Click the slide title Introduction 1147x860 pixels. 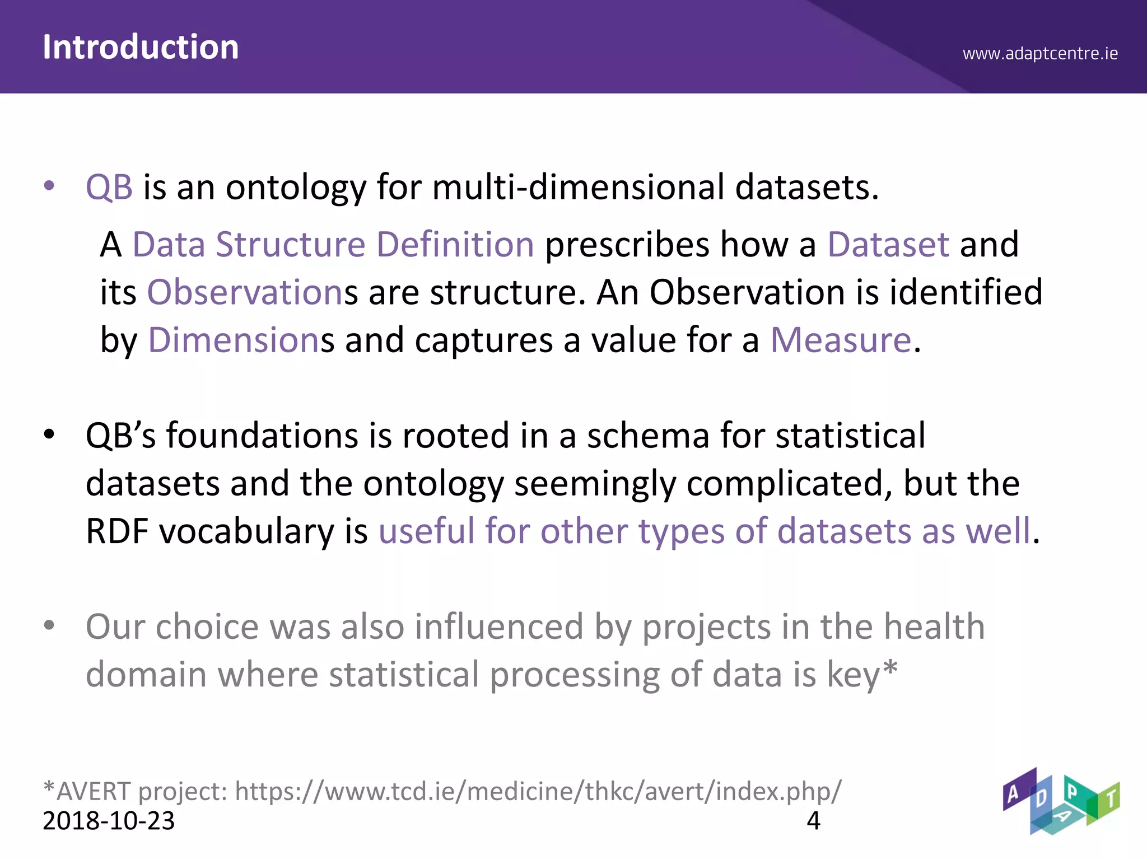coord(141,47)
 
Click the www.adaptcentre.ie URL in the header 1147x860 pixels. coord(1040,54)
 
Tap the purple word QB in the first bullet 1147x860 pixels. coord(109,187)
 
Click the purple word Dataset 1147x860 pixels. coord(888,245)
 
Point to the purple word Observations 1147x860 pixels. coord(245,292)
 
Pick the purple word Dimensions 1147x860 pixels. coord(234,340)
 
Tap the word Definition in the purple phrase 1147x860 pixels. coord(455,245)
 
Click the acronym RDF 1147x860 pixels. coord(117,531)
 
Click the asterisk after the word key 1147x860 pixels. coord(890,668)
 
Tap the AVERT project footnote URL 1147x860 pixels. coord(538,791)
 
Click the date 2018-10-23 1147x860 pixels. coord(109,821)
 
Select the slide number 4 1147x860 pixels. coord(813,821)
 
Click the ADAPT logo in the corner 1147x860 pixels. coord(1060,801)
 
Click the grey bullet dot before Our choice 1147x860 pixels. coord(49,625)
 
